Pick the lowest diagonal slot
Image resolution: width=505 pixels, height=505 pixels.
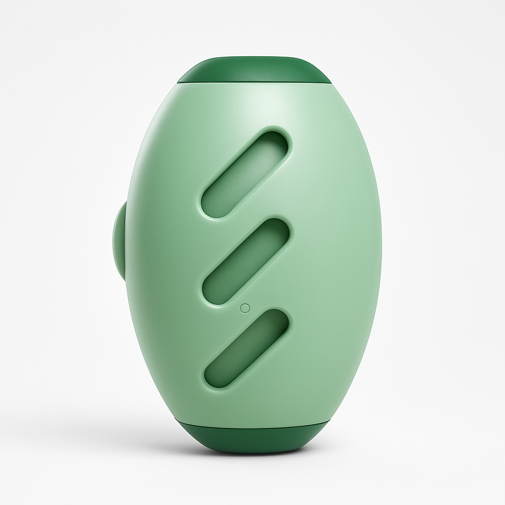point(247,348)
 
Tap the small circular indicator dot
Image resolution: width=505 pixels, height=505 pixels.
point(244,308)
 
